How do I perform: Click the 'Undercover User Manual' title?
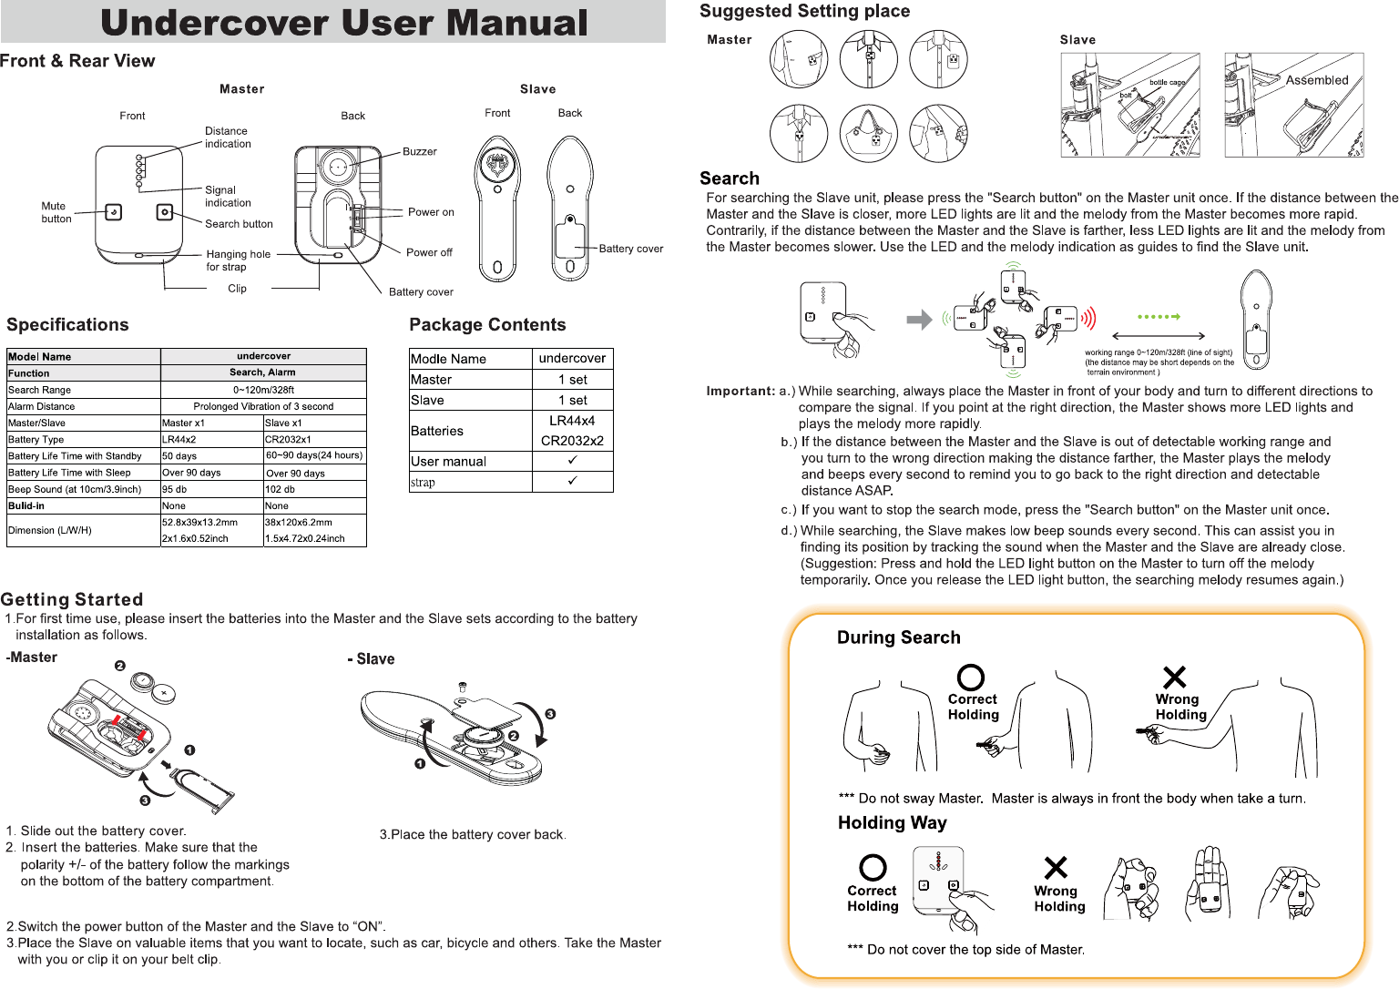click(344, 23)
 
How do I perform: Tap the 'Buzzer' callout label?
click(420, 151)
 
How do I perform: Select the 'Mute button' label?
click(56, 212)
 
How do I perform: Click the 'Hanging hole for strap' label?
click(238, 260)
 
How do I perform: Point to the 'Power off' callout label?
click(429, 252)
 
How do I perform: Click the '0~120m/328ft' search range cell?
click(263, 390)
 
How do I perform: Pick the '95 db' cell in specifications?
click(175, 489)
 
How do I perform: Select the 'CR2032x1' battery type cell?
click(288, 439)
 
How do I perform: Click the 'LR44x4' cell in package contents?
click(572, 421)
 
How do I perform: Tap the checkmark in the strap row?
click(572, 481)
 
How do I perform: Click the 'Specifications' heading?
click(67, 325)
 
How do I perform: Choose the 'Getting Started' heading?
click(72, 599)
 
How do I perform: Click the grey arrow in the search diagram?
click(919, 319)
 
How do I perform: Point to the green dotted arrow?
click(1159, 317)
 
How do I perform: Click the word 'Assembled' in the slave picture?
click(1317, 80)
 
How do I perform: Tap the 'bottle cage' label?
click(1167, 83)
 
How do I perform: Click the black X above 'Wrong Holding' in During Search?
click(1175, 677)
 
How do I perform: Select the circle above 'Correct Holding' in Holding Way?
click(873, 867)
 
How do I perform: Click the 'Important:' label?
click(740, 391)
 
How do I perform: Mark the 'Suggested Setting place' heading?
click(804, 11)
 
